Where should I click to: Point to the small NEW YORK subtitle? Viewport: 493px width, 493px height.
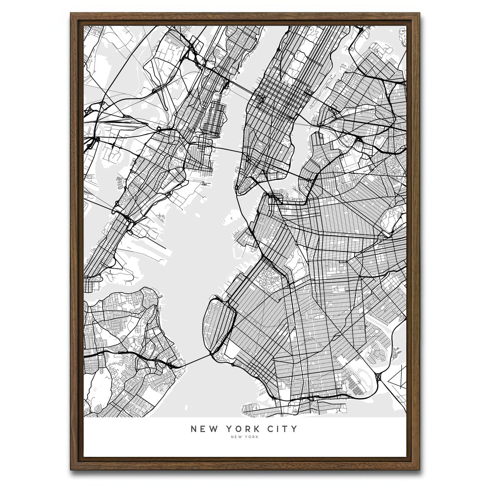coord(245,437)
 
